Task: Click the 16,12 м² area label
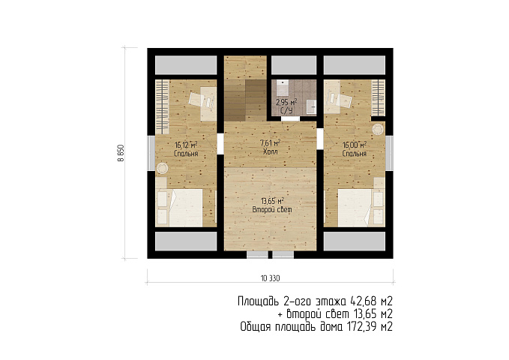pos(187,145)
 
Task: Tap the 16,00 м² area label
pos(355,145)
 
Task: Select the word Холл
pos(270,151)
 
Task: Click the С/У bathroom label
pos(286,111)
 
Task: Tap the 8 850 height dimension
pos(121,153)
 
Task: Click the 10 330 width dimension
pos(270,278)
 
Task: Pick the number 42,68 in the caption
pos(363,301)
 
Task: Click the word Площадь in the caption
pos(259,302)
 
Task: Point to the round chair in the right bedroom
pos(378,129)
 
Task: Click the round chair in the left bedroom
pos(162,169)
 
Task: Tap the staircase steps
pos(245,100)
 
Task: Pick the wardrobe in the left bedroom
pos(162,107)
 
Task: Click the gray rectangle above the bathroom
pos(294,65)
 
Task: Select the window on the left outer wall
pos(151,153)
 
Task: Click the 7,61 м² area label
pos(270,143)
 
